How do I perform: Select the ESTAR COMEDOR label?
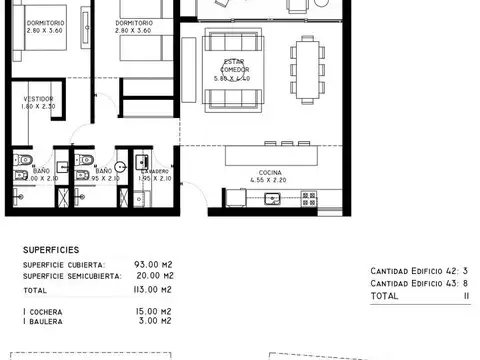pyautogui.click(x=236, y=65)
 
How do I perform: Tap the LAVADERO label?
pyautogui.click(x=156, y=172)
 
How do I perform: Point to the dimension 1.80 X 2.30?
pyautogui.click(x=39, y=107)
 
